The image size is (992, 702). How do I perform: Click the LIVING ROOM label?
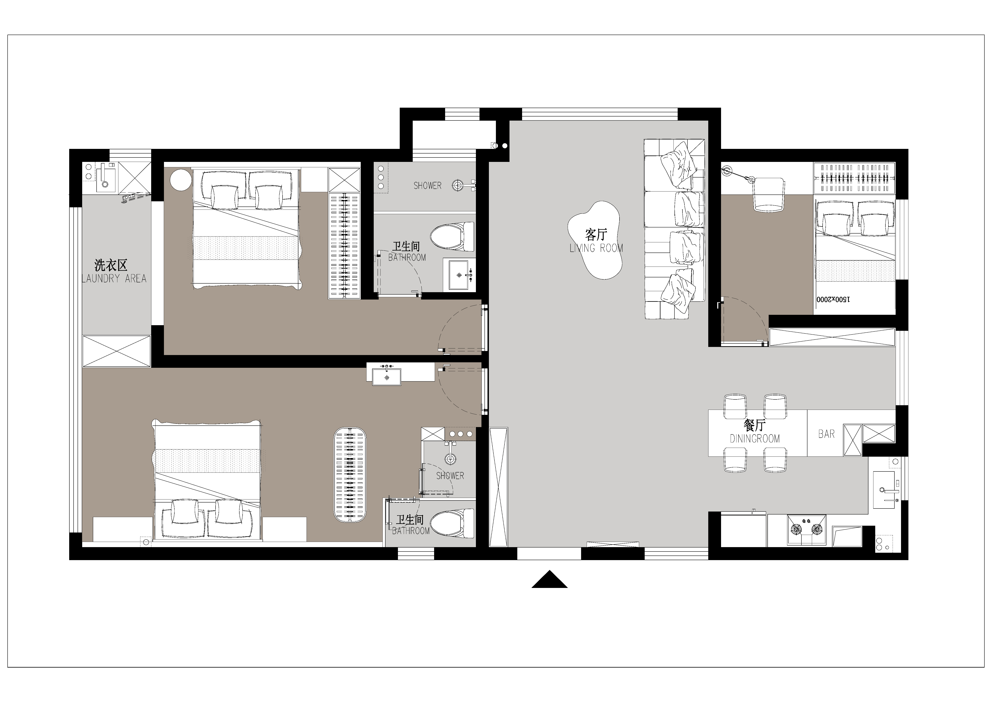click(x=596, y=248)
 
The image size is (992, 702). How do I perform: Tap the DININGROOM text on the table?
click(x=755, y=439)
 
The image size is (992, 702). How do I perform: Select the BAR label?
click(x=826, y=434)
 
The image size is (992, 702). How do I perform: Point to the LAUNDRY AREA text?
click(x=114, y=278)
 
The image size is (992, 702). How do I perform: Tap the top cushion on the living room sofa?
click(x=679, y=165)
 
